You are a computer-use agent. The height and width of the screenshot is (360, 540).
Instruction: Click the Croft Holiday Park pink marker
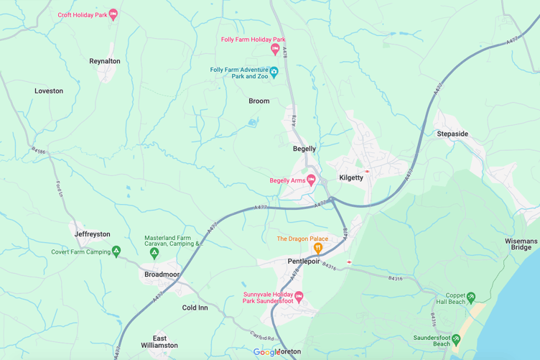[113, 14]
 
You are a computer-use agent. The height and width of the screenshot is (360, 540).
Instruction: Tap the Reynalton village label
[105, 61]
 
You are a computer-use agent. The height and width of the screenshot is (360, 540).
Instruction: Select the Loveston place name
[49, 91]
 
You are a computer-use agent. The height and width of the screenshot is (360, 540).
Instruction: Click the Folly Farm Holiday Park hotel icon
[275, 49]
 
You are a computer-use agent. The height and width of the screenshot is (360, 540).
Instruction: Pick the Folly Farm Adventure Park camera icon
[274, 73]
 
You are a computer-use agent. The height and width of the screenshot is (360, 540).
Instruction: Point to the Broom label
[259, 101]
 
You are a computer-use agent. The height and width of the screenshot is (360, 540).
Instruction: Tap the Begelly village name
[304, 149]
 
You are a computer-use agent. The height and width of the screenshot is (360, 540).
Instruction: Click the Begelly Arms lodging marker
[311, 180]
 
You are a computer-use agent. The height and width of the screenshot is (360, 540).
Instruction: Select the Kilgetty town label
[351, 177]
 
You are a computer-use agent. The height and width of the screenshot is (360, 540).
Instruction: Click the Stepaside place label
[452, 134]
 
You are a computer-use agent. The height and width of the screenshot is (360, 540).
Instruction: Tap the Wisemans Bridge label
[521, 244]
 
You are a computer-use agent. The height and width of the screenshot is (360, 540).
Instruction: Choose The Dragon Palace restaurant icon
[317, 249]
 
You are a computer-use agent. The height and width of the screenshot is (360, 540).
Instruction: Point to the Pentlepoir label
[304, 262]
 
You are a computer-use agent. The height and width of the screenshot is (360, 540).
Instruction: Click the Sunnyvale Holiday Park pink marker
[299, 296]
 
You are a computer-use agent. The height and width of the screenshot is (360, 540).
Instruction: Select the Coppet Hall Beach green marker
[471, 297]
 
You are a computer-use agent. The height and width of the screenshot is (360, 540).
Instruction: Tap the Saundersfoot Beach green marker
[456, 338]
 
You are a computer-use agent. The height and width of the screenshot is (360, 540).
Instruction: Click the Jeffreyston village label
[93, 234]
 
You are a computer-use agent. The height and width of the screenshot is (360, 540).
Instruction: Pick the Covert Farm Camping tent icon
[116, 251]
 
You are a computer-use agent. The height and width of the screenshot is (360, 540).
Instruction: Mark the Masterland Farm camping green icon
[153, 253]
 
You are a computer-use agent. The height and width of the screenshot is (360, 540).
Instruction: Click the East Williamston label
[159, 342]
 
